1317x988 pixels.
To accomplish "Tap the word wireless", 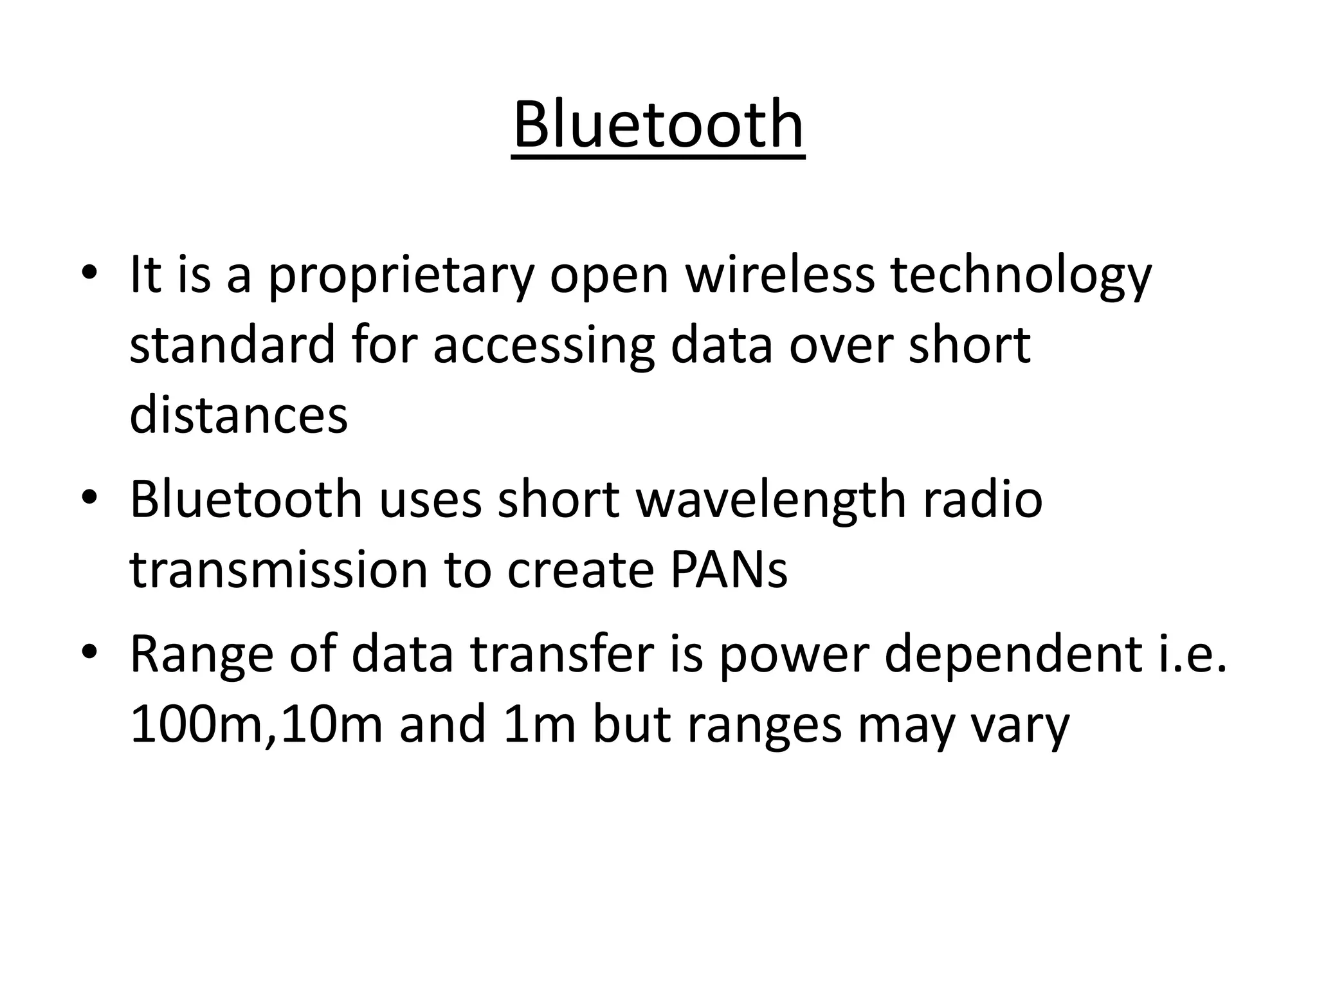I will (779, 275).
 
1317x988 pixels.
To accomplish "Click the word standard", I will (232, 345).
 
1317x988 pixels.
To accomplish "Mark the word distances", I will (239, 416).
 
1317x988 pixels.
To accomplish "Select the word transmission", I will (278, 571).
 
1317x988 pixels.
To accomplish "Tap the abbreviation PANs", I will (729, 571).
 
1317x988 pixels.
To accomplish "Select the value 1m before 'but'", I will (540, 725).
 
